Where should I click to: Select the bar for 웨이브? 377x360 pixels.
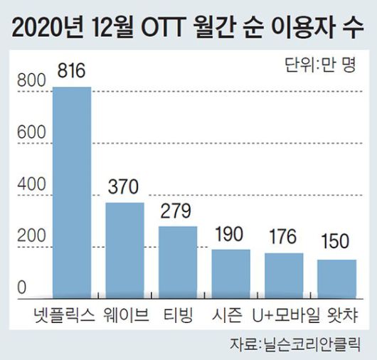coord(125,249)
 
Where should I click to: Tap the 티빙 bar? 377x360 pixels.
coord(178,261)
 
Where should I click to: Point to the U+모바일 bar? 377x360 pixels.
coord(284,275)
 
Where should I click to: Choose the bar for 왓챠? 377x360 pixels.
coord(336,278)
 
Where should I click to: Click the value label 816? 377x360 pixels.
coord(73,72)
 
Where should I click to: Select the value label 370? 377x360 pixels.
coord(125,188)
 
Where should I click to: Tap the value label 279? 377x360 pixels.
coord(178,212)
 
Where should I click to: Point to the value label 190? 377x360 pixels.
coord(230,235)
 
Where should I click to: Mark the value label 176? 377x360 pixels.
coord(284,238)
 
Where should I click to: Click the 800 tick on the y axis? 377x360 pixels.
coord(28,83)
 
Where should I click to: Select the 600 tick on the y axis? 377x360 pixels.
coord(28,133)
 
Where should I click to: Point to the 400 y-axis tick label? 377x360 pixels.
coord(28,184)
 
